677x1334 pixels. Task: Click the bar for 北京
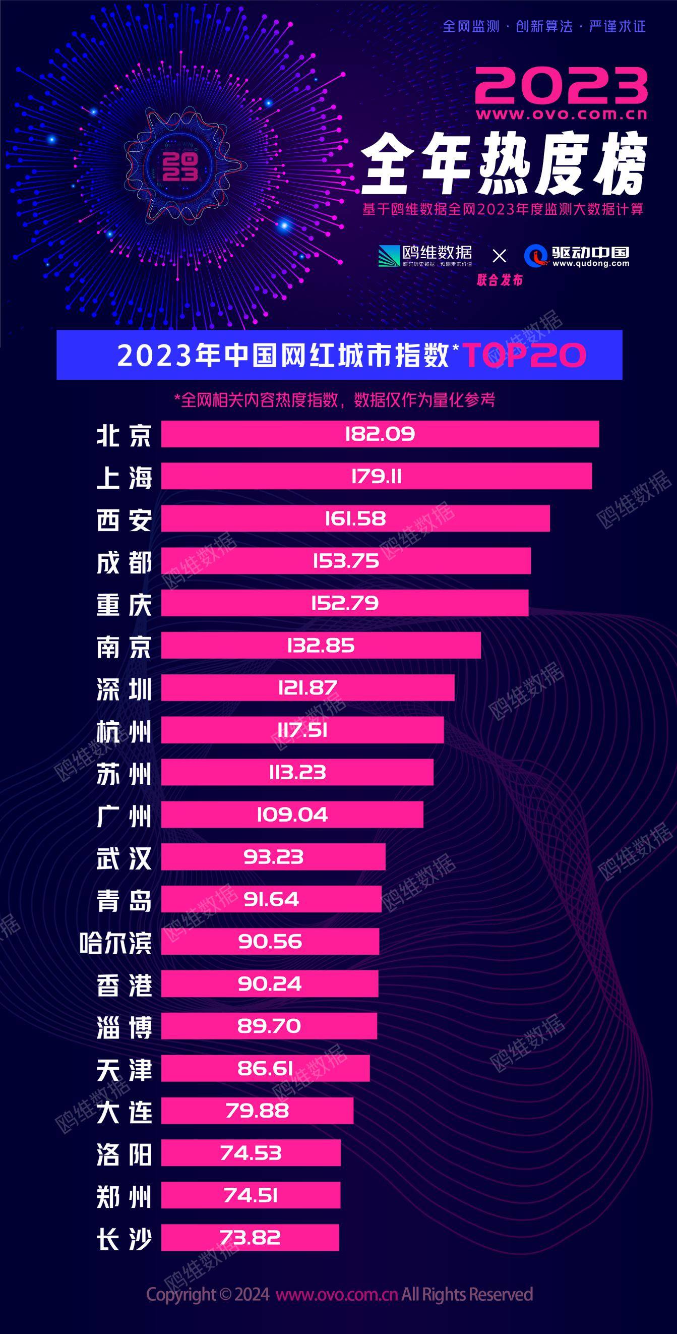click(x=380, y=434)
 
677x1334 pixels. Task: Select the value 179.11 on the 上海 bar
click(x=376, y=477)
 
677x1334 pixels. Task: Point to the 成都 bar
click(x=346, y=561)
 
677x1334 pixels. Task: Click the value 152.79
click(x=345, y=603)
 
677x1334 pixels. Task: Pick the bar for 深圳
click(x=307, y=688)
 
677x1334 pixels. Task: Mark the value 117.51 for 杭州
click(x=302, y=730)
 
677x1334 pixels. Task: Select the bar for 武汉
click(x=273, y=857)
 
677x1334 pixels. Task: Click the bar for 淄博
click(x=269, y=1026)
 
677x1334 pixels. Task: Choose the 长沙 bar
click(x=250, y=1238)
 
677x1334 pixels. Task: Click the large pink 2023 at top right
click(x=562, y=85)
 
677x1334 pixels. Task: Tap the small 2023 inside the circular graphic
click(x=180, y=166)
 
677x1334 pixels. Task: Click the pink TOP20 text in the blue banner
click(x=524, y=355)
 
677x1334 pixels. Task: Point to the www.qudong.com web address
click(x=591, y=264)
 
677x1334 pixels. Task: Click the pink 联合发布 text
click(x=500, y=280)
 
